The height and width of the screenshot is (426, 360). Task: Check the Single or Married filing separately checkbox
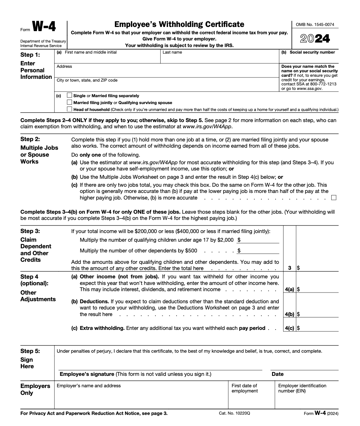pos(70,95)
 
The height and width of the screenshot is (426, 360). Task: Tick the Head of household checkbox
pos(70,109)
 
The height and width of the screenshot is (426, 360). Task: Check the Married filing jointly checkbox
pos(70,102)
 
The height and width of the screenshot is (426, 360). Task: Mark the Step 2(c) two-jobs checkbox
pos(334,198)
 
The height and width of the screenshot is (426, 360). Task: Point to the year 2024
pos(315,39)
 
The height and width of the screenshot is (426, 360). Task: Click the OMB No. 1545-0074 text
pos(315,25)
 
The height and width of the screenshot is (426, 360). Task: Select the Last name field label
pos(172,53)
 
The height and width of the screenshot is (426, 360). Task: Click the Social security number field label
pos(312,53)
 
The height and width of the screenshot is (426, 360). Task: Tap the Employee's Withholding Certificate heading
pos(179,24)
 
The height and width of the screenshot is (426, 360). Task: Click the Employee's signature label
pos(87,374)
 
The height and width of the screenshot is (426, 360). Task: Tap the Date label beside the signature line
pos(278,374)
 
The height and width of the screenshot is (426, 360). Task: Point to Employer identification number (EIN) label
pos(302,388)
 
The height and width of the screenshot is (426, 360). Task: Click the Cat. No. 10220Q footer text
pos(234,413)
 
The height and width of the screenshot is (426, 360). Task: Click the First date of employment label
pos(244,388)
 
